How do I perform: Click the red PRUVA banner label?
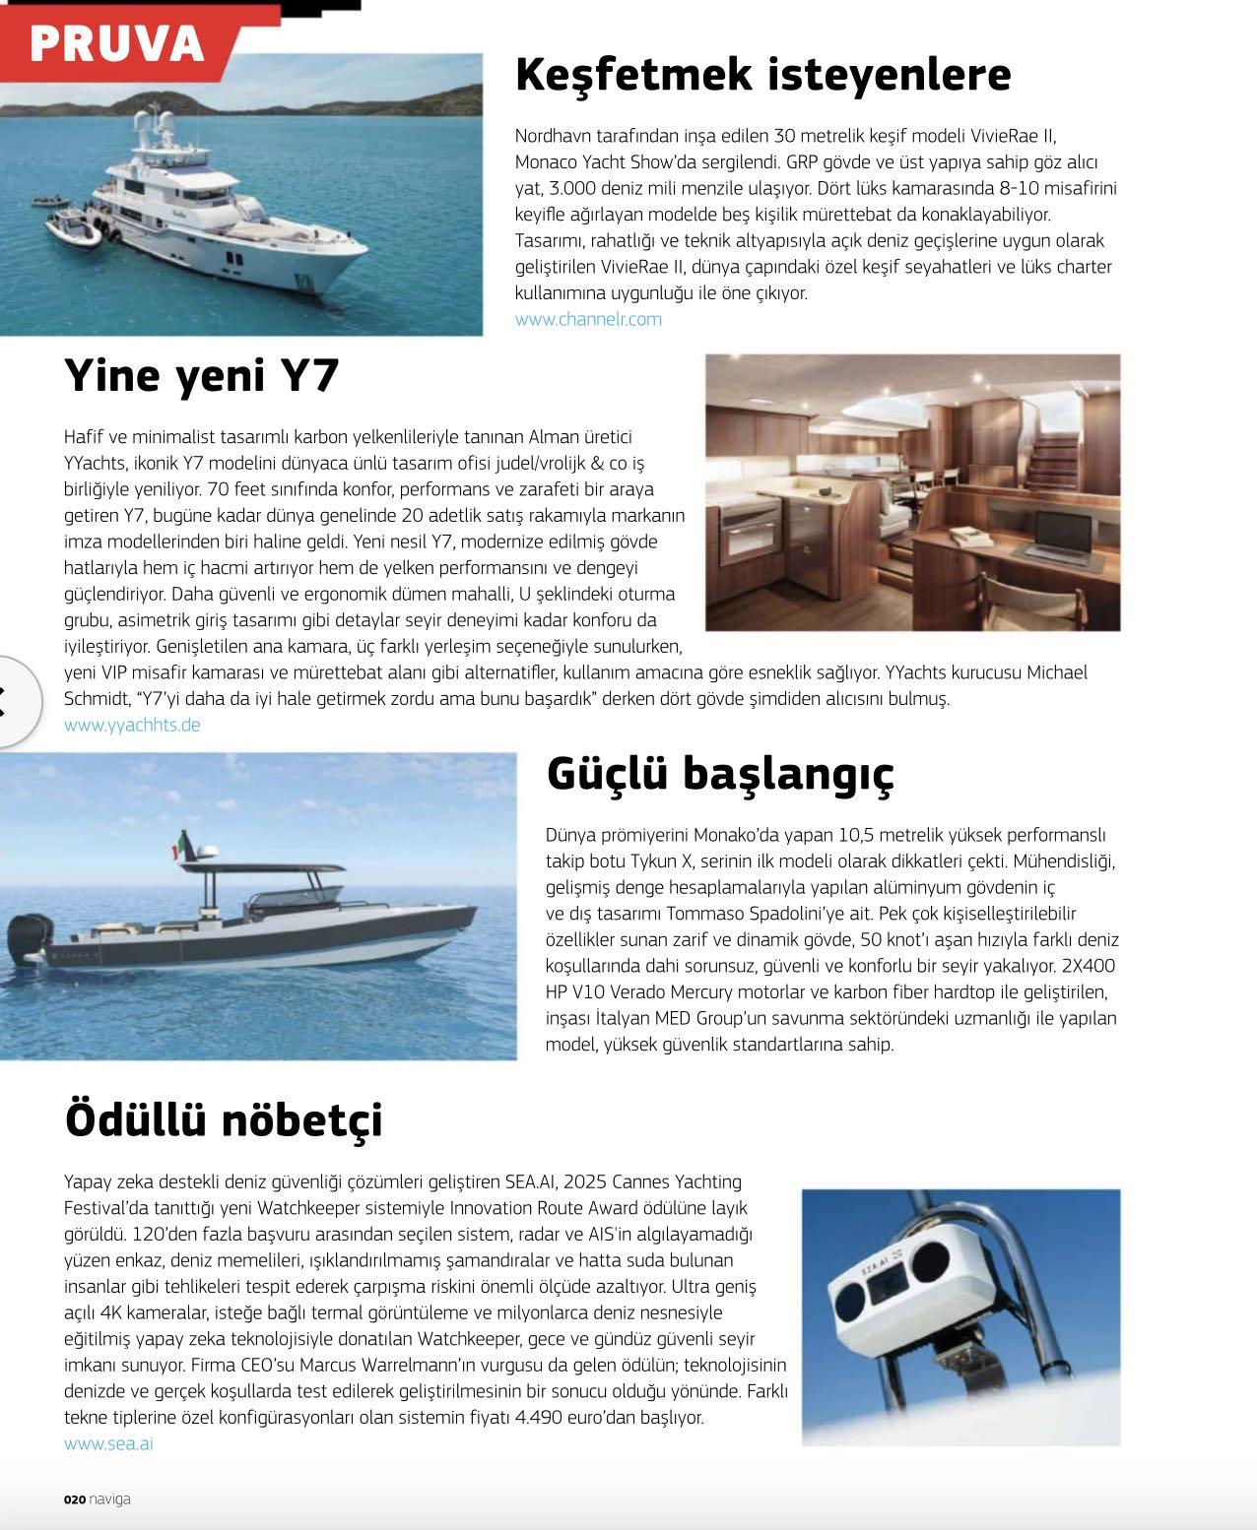click(x=116, y=42)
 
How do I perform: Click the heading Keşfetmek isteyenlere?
click(x=762, y=74)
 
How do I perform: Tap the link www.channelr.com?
click(x=588, y=319)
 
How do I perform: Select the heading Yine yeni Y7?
click(x=202, y=375)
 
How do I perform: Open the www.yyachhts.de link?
click(x=132, y=725)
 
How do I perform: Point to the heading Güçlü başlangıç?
click(x=720, y=773)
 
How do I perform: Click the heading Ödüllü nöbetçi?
click(x=224, y=1119)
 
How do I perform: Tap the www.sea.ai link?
click(x=108, y=1443)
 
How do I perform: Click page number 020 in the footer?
click(x=75, y=1499)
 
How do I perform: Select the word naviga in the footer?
click(x=109, y=1499)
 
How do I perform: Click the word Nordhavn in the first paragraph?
click(x=552, y=136)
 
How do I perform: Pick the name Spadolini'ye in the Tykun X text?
click(x=807, y=914)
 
